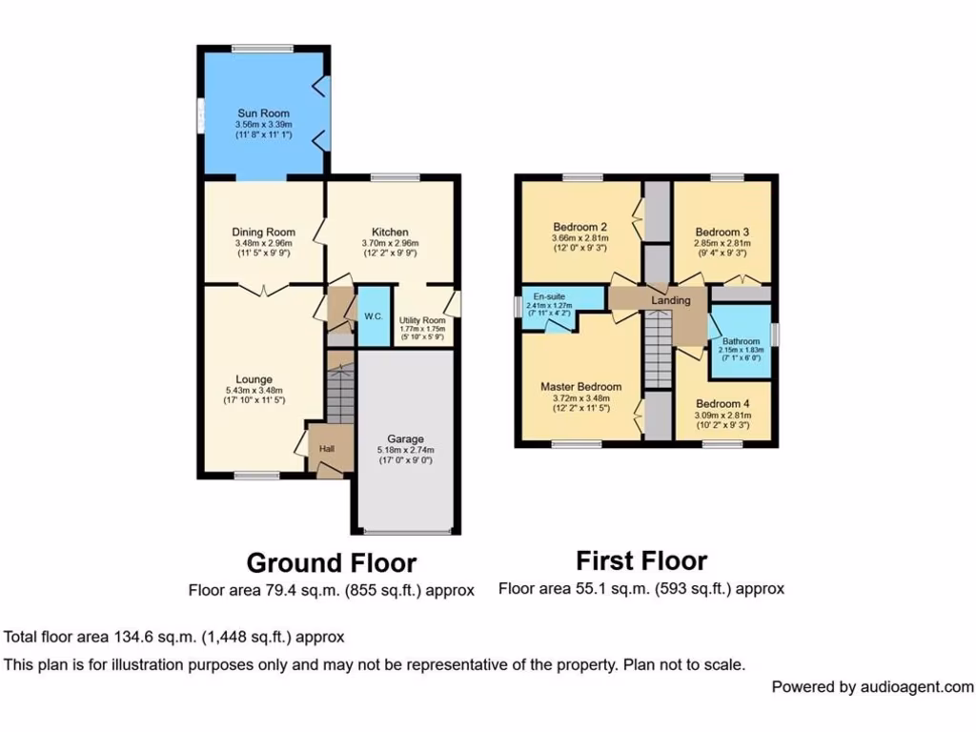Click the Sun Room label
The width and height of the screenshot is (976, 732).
pos(263,113)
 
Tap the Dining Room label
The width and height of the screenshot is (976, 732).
pos(263,232)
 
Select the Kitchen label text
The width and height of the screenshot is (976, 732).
pos(390,232)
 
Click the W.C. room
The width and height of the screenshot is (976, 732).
pos(373,316)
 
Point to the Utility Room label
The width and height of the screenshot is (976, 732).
pos(422,320)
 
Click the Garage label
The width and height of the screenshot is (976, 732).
pos(405,439)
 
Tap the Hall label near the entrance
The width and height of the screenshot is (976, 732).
pos(327,449)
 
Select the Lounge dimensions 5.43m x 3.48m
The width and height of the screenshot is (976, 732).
pos(255,391)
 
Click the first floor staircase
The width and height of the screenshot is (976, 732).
pos(658,353)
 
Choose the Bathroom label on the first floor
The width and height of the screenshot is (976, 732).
pos(741,341)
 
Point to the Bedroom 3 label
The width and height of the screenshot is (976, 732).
pos(722,232)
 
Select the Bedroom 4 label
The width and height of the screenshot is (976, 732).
pos(722,403)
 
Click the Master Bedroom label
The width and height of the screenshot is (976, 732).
pos(580,386)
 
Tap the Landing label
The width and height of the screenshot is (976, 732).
pos(670,300)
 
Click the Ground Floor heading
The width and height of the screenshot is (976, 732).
pos(331,562)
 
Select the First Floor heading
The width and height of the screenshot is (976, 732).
pos(641,559)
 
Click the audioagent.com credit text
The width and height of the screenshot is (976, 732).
pos(872,686)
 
